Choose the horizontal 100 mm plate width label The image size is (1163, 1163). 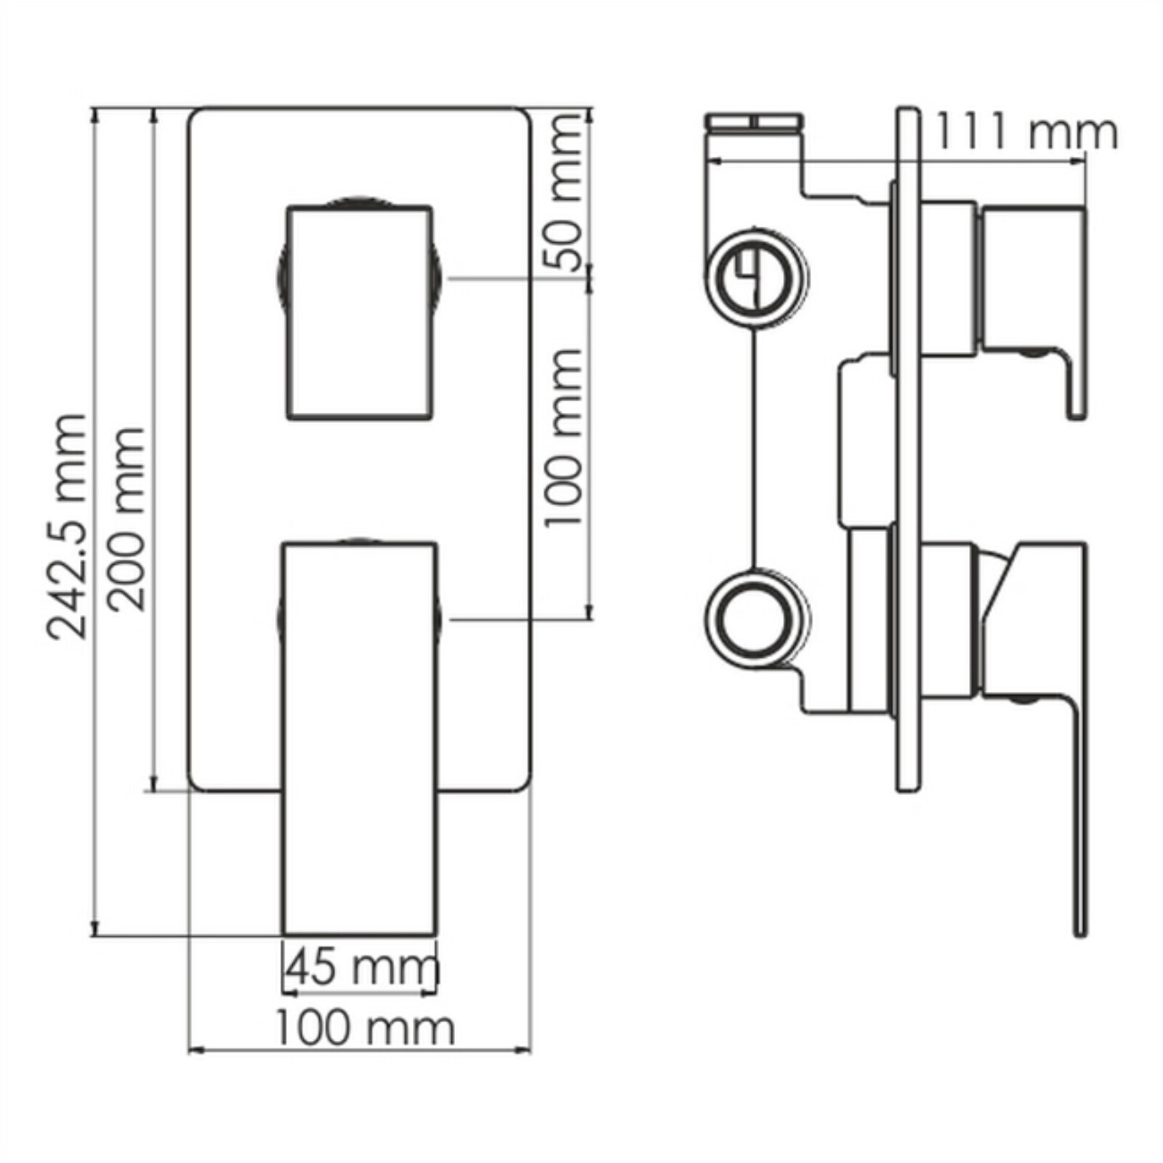(363, 1028)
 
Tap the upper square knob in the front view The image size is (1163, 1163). (361, 313)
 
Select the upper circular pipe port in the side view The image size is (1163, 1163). (757, 278)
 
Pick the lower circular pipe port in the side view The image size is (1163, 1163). (757, 619)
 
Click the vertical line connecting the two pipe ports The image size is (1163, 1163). (757, 447)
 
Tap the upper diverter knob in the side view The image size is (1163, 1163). (1032, 276)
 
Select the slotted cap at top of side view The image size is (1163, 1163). (756, 122)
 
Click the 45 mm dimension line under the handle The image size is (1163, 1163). (360, 990)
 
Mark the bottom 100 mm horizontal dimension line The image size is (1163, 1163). (360, 1050)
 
